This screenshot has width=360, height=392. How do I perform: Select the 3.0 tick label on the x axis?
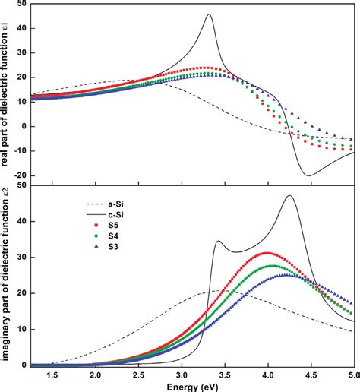tap(182, 375)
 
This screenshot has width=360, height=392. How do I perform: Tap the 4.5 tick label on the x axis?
tap(311, 375)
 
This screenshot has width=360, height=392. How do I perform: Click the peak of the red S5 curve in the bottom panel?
tap(267, 252)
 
